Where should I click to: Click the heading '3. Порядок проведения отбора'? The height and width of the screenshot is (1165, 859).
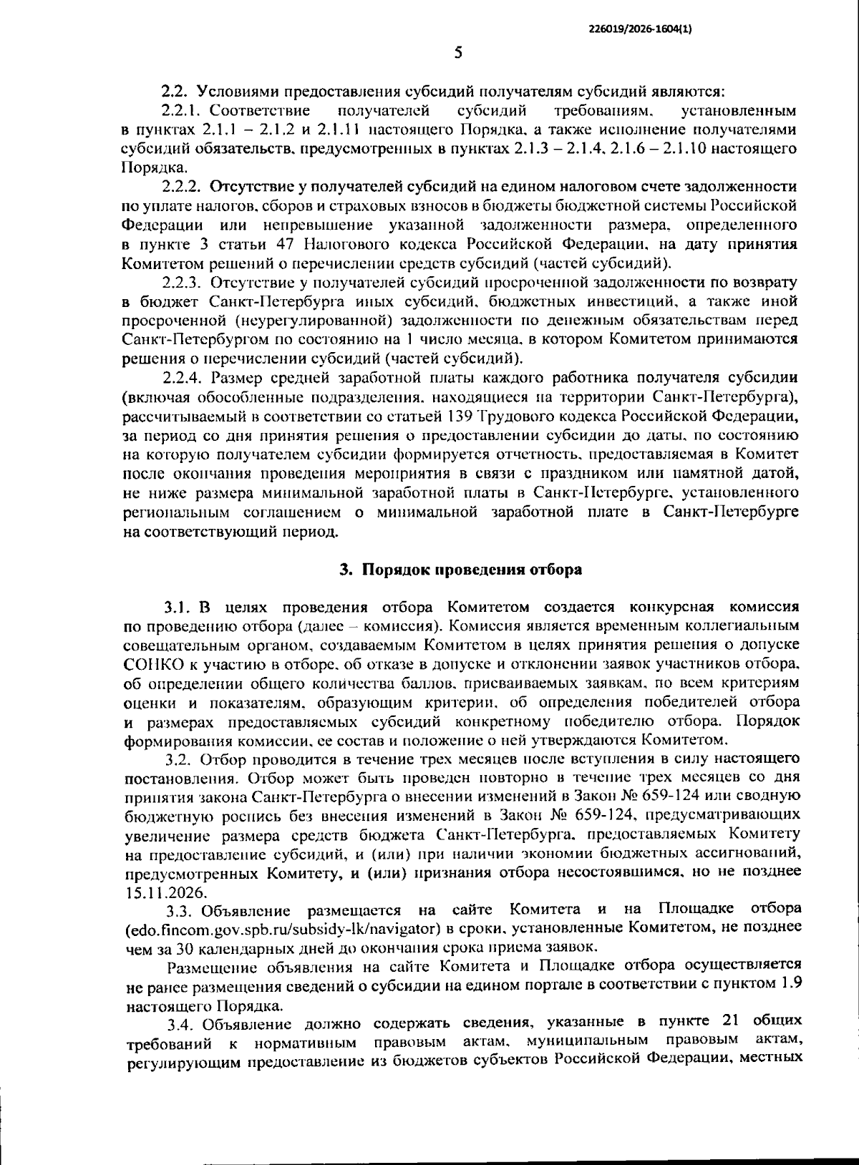point(460,570)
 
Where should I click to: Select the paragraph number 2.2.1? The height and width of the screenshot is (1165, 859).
point(185,111)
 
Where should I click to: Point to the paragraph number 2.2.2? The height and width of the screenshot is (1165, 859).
point(185,187)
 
